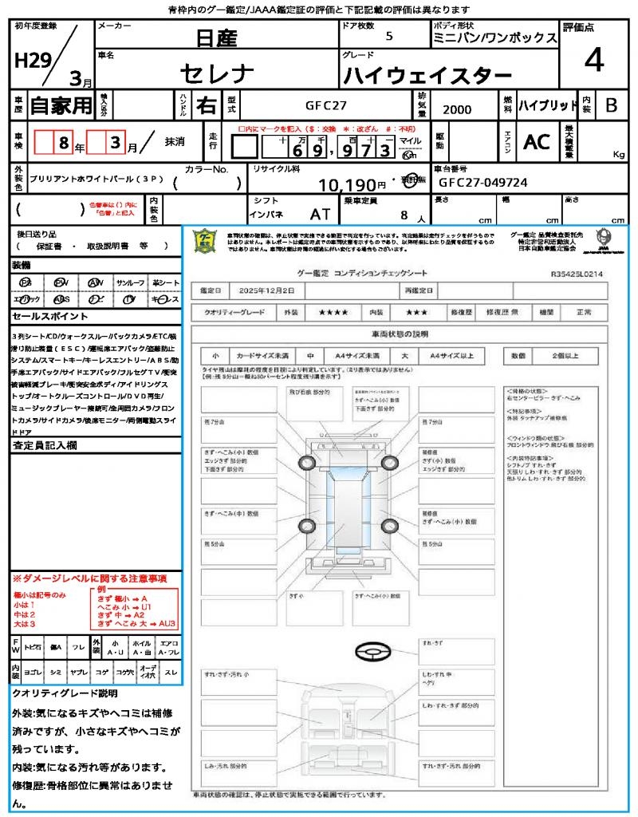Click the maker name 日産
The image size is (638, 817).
[216, 37]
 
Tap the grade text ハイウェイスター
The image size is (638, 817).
[427, 76]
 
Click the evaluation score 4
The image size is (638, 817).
[593, 60]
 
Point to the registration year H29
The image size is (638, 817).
[31, 59]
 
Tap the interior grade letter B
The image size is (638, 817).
[611, 105]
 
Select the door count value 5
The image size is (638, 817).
[388, 36]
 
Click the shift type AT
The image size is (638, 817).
[320, 214]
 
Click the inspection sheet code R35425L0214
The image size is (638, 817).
[577, 274]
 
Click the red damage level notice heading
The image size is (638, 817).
[89, 578]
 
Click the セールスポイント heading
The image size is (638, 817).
[43, 317]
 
